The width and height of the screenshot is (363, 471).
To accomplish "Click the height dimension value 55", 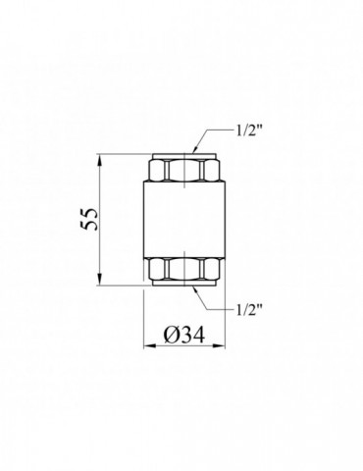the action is [89, 219].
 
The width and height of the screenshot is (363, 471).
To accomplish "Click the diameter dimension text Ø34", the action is [184, 335].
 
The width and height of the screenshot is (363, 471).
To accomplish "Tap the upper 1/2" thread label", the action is [247, 131].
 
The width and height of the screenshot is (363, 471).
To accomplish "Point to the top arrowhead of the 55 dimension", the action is [100, 159].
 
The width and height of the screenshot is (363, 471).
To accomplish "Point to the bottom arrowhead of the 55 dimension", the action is [100, 280].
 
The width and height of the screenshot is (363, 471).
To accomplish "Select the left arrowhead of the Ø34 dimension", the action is [149, 345].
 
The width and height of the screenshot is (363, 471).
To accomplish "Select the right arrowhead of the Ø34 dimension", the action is [220, 345].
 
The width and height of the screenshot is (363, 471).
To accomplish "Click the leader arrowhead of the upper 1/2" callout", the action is [195, 149].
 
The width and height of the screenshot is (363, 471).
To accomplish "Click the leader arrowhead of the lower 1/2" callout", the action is [195, 289].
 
